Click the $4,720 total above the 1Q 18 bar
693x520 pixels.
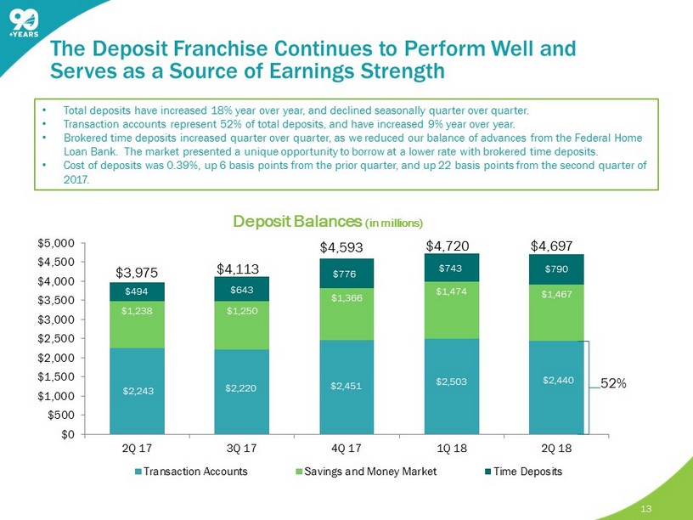450,247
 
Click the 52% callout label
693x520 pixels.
614,383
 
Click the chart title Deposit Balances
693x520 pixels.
288,222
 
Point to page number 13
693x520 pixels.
647,508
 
